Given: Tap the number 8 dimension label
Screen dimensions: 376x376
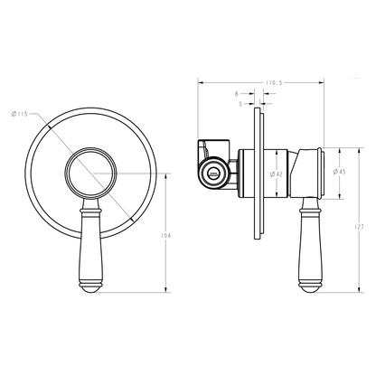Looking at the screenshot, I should coord(236,93).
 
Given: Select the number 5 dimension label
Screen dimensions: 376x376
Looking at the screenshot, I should coord(240,103).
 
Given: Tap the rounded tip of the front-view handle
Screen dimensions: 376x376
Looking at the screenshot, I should coord(94,287).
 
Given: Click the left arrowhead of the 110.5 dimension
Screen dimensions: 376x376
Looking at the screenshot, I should coord(201,81).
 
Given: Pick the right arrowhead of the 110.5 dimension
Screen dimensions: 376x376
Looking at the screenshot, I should coord(323,81).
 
